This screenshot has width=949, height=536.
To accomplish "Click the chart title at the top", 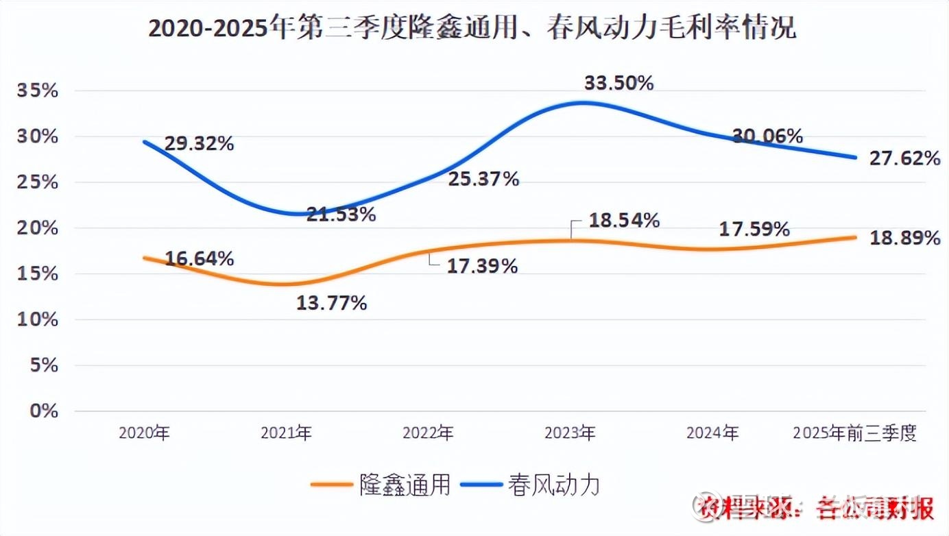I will pos(472,29).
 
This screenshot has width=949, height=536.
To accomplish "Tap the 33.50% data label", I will pos(618,83).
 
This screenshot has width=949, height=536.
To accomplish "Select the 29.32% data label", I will pos(200,144).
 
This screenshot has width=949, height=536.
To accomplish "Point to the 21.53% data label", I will pos(341,215).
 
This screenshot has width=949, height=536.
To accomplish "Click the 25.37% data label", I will pos(483,180).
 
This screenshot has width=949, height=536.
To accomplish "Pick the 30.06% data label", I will pos(767,136).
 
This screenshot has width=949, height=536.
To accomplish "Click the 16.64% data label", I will pos(200,258).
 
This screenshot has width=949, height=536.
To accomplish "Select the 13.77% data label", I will pos(332,303).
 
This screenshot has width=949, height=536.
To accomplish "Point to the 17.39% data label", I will pos(482,267).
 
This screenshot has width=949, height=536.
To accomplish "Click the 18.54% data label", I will pos(625,221).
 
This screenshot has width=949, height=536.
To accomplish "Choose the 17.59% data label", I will pos(754,230).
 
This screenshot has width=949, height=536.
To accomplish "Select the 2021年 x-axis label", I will pos(287,433).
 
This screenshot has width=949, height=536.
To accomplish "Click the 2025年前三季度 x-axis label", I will pos(854,433).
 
